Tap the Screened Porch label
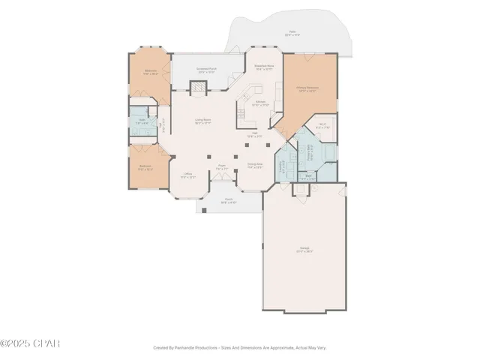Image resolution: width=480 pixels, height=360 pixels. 206,69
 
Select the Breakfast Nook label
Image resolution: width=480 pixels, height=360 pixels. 264,67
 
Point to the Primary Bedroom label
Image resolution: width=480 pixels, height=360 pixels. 308,88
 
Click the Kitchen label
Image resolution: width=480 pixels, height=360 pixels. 260,103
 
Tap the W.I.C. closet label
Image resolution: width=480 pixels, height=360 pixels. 322,127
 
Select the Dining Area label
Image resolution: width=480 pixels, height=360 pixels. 255,166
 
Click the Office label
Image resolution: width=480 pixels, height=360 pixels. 188,175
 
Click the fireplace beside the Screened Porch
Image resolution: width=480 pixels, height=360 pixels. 196,88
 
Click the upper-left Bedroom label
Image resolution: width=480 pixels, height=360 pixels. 151,73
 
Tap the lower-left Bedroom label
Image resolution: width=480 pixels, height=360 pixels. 145,168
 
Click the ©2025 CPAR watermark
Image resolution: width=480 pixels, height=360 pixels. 30,343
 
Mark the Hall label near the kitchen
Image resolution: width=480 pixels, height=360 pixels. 255,133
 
